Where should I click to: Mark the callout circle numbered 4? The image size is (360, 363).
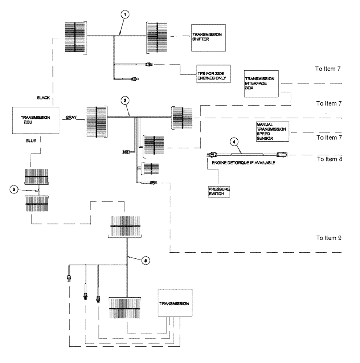(234, 142)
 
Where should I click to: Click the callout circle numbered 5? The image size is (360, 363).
(145, 260)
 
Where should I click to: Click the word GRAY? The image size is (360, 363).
(71, 118)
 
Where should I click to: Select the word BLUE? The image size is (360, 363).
(31, 140)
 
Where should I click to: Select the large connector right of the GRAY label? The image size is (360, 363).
(96, 118)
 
